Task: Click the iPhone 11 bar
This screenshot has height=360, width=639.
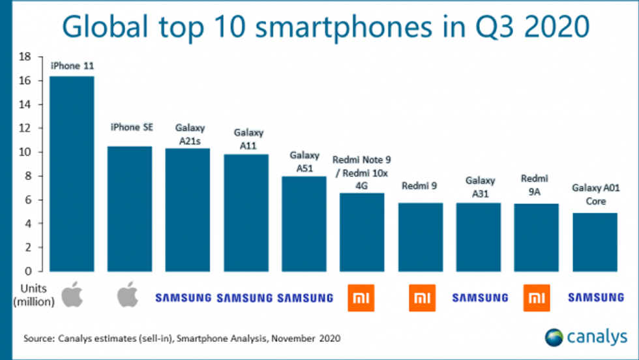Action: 72,173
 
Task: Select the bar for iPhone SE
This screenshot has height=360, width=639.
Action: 130,209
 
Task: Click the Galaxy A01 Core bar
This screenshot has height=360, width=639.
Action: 595,242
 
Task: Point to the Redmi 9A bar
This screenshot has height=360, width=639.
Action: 536,237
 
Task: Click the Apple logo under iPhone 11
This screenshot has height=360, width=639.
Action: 73,295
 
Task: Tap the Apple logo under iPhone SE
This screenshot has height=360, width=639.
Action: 128,295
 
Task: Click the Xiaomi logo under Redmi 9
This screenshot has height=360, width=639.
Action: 421,297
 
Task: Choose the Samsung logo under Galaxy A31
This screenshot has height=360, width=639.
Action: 480,298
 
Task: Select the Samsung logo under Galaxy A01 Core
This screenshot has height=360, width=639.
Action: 595,298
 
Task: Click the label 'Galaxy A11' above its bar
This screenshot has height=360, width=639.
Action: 247,140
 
